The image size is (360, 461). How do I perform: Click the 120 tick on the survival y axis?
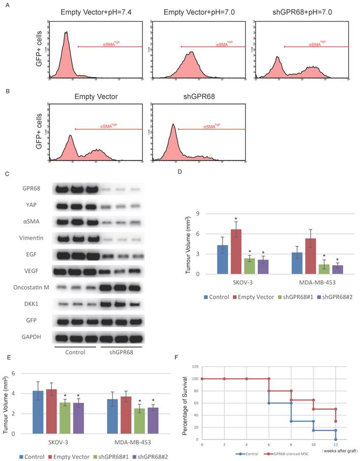tap(195, 366)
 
